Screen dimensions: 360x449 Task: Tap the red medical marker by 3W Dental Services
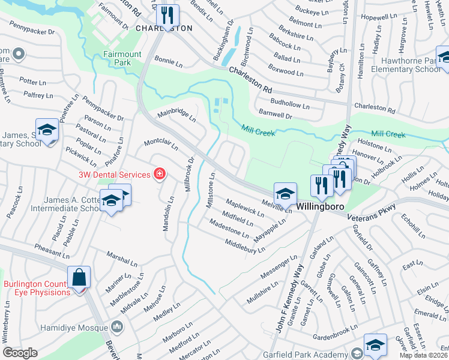(x=160, y=174)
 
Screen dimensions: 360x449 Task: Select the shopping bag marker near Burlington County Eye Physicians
(x=79, y=278)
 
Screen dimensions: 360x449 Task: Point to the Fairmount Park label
(x=122, y=58)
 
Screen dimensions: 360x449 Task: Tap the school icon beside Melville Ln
(x=285, y=193)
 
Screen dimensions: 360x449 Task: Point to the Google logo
(x=20, y=353)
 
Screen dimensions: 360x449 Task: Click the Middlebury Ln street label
(x=244, y=245)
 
